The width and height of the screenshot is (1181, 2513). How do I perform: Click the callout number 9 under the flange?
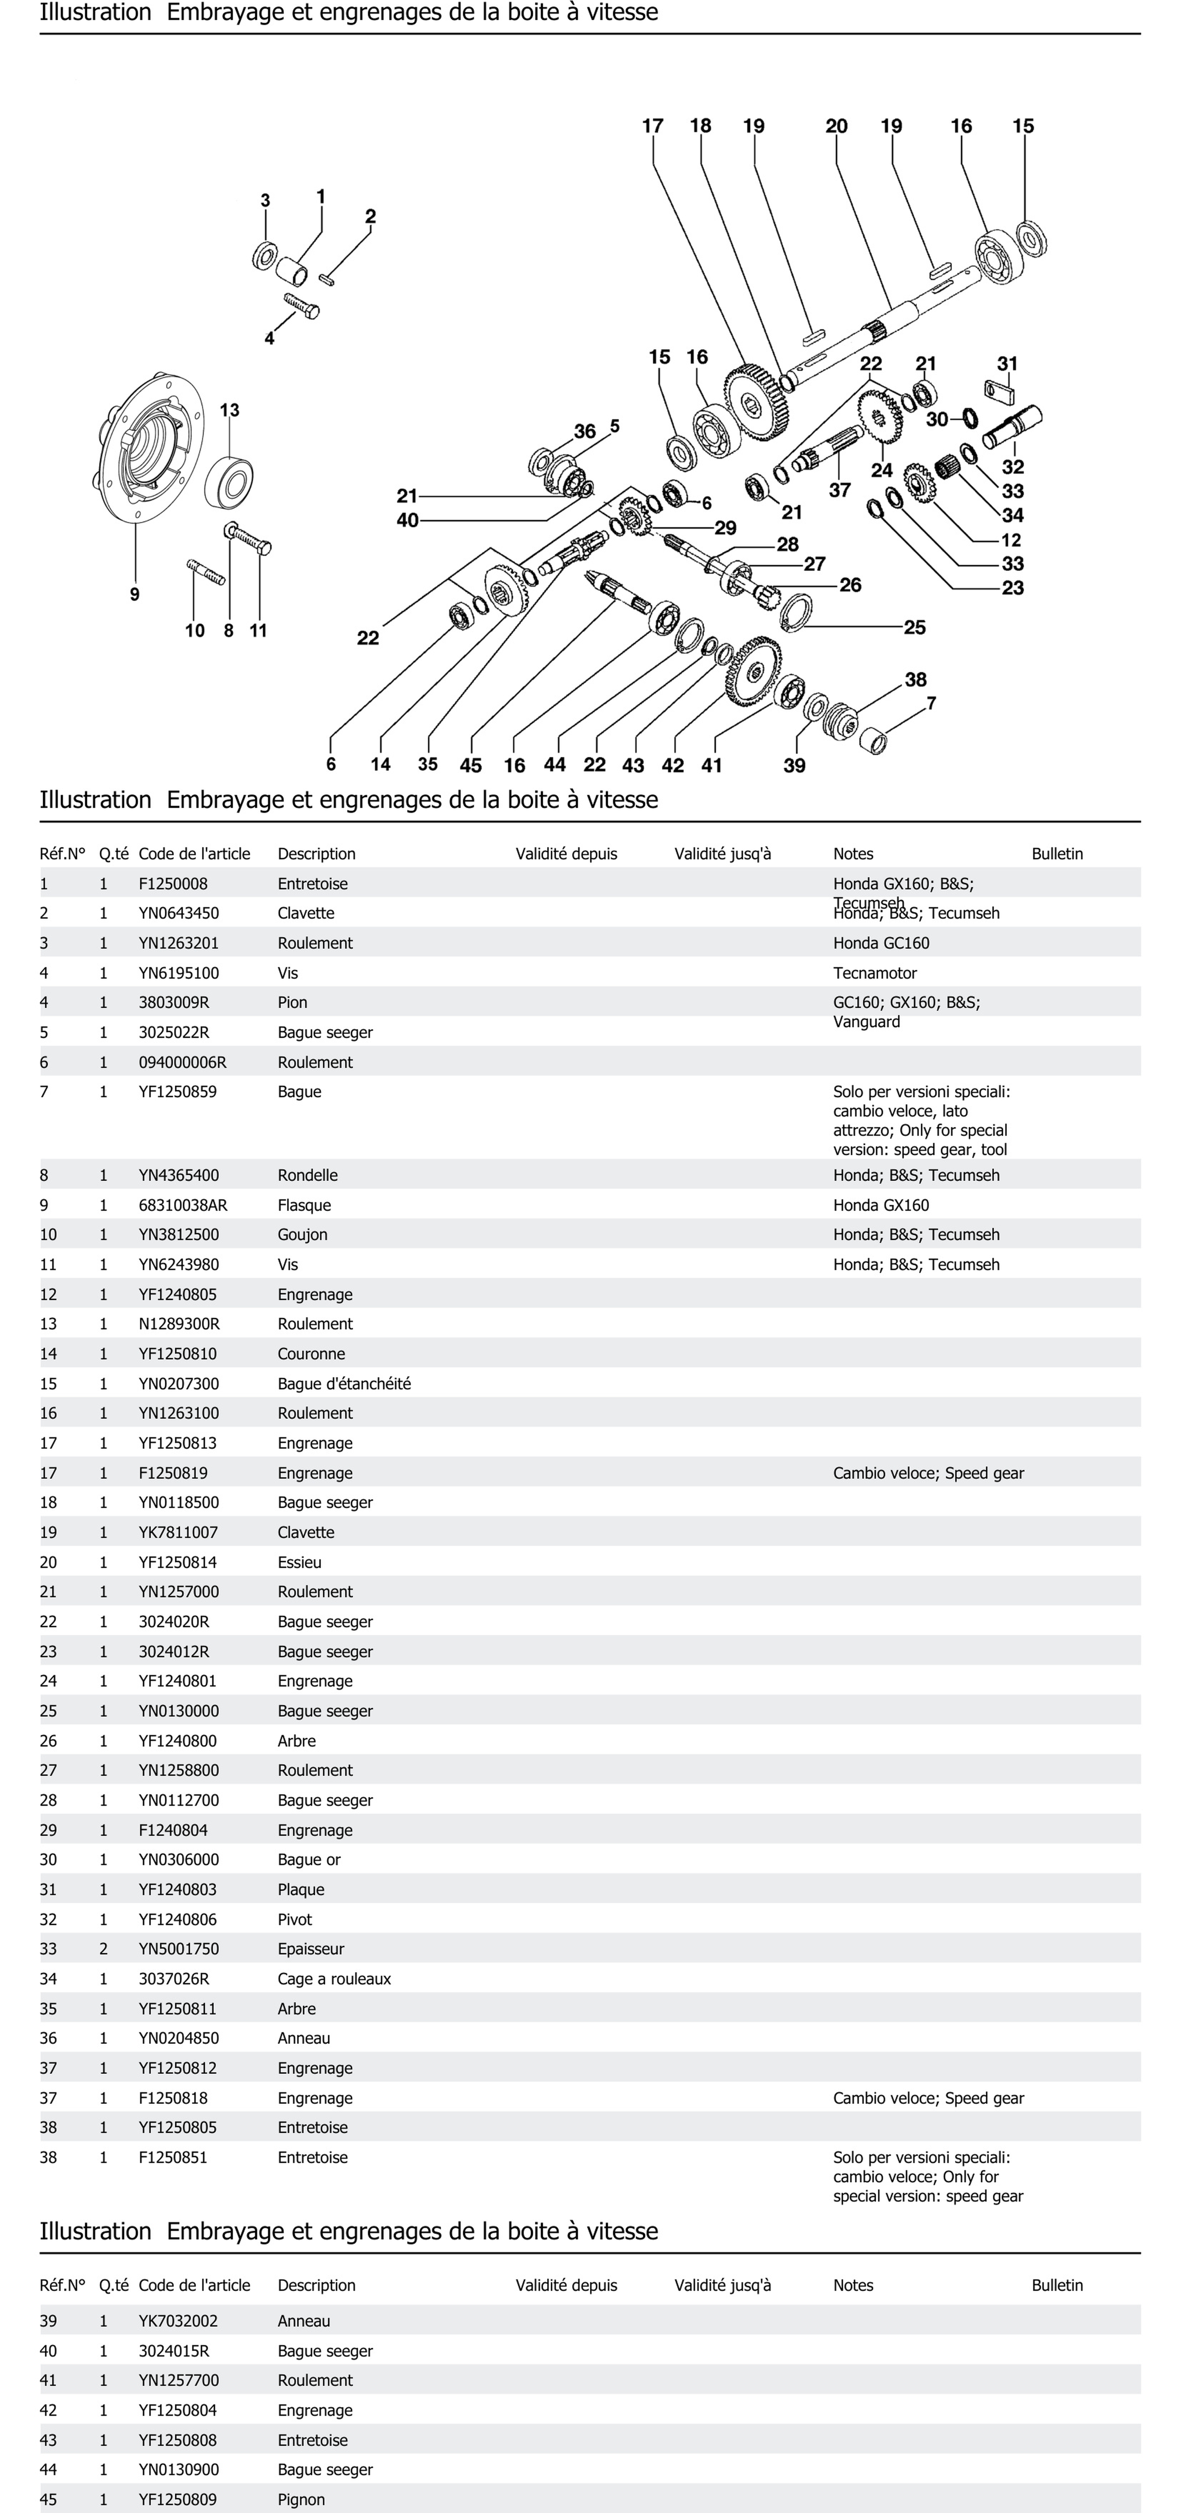135,594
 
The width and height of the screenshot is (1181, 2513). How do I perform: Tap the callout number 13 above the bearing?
229,410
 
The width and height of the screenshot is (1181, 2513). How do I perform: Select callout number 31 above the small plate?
1007,364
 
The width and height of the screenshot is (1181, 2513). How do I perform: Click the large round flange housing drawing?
151,447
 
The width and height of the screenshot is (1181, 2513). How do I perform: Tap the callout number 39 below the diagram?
794,766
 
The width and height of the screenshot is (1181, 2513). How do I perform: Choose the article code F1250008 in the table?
173,884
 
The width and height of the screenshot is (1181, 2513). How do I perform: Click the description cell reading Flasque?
304,1205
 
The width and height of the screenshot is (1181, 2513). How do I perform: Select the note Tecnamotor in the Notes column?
874,973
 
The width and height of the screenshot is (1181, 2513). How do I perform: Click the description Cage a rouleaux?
334,1978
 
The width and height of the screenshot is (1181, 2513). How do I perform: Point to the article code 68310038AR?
183,1205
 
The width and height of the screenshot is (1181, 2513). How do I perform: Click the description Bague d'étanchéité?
344,1383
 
